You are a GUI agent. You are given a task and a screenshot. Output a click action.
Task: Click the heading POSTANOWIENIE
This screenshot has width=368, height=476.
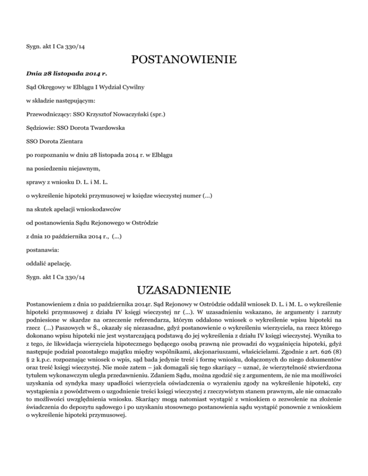click(x=184, y=61)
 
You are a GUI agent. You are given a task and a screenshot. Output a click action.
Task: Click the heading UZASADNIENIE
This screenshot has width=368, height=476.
click(x=184, y=290)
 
